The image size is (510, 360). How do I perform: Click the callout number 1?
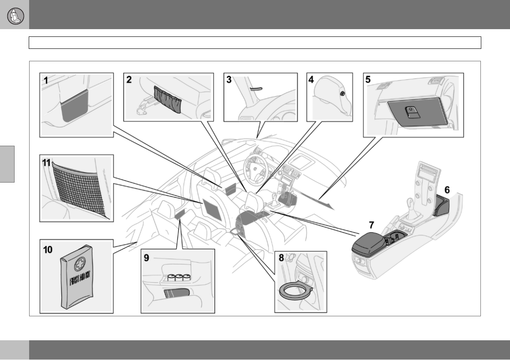pyautogui.click(x=45, y=79)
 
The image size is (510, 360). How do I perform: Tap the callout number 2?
pyautogui.click(x=128, y=79)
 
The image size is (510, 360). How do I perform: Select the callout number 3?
pyautogui.click(x=229, y=79)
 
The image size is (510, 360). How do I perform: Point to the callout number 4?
pyautogui.click(x=311, y=79)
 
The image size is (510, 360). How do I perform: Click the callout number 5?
pyautogui.click(x=368, y=79)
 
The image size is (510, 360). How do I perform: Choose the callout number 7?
pyautogui.click(x=372, y=225)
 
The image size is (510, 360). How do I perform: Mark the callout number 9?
pyautogui.click(x=147, y=258)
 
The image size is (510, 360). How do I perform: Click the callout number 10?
pyautogui.click(x=47, y=249)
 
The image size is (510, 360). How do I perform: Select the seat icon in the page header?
pyautogui.click(x=15, y=15)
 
